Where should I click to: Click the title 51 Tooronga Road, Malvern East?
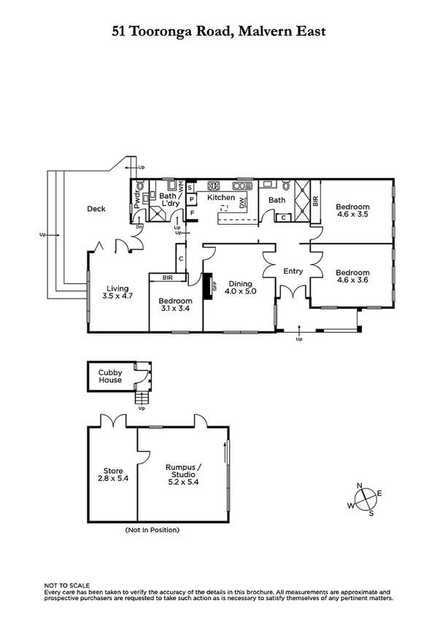tap(218, 31)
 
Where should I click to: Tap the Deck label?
tap(96, 209)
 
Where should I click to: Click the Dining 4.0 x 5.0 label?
tap(239, 288)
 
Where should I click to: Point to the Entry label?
tap(293, 272)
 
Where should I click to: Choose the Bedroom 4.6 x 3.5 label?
tap(353, 210)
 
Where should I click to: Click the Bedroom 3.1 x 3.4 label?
tap(176, 305)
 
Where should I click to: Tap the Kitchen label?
tap(221, 198)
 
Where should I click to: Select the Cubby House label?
tap(110, 376)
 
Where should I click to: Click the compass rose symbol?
tap(364, 499)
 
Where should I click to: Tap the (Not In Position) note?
tap(152, 530)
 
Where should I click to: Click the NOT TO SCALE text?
tap(67, 585)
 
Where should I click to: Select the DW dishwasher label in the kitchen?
tap(242, 206)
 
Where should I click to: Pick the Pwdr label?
tap(136, 199)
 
